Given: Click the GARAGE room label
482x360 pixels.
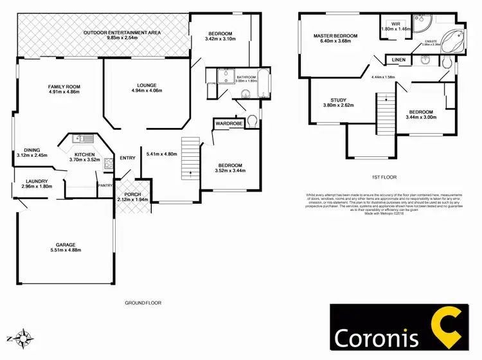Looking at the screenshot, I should [66, 244].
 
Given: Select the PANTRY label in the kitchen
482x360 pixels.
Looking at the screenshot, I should [105, 186].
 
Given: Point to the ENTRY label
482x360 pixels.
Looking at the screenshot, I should [128, 157].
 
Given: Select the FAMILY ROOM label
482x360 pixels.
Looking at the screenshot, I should [63, 86].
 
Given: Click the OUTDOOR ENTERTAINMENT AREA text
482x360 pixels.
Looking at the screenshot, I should [122, 32].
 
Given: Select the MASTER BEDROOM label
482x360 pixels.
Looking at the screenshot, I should [335, 36].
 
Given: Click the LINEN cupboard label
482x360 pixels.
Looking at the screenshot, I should [398, 60].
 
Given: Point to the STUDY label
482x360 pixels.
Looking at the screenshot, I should [338, 100].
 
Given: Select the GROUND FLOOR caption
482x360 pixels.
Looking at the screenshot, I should [143, 303].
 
